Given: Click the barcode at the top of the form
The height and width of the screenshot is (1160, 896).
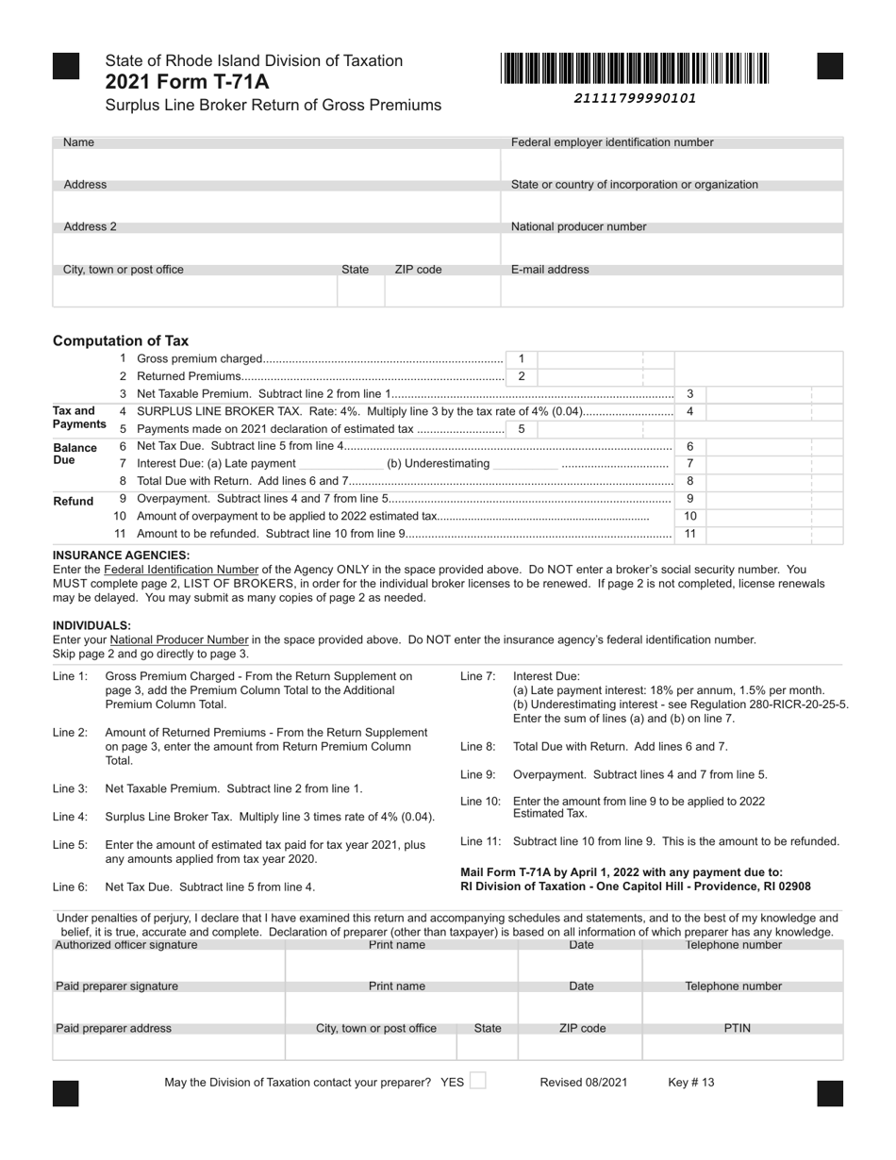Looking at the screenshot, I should pos(635,70).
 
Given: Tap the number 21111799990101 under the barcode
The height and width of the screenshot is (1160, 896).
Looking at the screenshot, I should pos(635,98).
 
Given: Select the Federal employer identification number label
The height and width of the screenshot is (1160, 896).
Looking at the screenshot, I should pos(612,142).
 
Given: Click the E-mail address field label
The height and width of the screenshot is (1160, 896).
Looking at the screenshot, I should pos(550,270).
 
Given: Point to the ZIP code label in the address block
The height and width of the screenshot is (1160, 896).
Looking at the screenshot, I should pos(418,270).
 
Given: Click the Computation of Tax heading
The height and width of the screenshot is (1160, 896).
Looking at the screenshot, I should pos(121,341).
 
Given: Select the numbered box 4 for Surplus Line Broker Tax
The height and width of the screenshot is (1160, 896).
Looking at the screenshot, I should pos(690,412).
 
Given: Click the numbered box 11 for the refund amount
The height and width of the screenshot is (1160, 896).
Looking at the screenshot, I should pos(690,534).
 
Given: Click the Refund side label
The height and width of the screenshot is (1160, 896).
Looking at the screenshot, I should pos(74,501).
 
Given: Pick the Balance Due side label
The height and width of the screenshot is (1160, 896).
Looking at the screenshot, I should pos(75,454).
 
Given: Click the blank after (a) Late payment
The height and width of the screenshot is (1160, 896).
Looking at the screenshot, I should pos(340,464).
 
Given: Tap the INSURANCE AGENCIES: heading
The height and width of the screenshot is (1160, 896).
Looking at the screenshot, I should pos(121,555).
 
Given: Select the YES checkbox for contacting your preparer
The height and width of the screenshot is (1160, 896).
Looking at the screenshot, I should pos(477,1082).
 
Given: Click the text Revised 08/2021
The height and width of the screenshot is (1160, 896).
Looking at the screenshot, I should pos(583,1083).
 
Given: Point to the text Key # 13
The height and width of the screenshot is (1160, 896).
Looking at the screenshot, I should pos(691,1083).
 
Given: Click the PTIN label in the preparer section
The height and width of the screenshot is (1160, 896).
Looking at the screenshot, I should pos(737,1028).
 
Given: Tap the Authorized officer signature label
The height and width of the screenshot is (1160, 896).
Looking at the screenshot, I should pos(126,945).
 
